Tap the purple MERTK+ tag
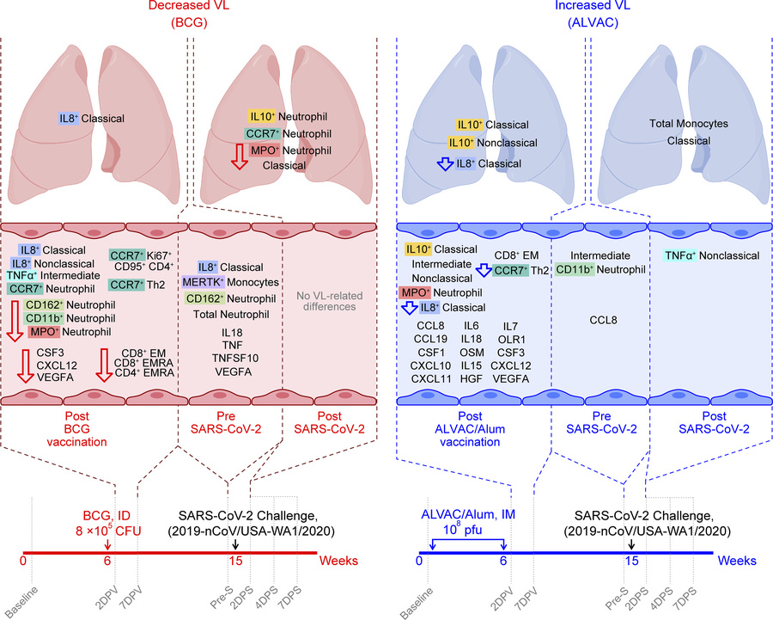pos(210,282)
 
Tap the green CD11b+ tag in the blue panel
pos(577,269)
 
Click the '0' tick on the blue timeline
pos(418,561)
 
